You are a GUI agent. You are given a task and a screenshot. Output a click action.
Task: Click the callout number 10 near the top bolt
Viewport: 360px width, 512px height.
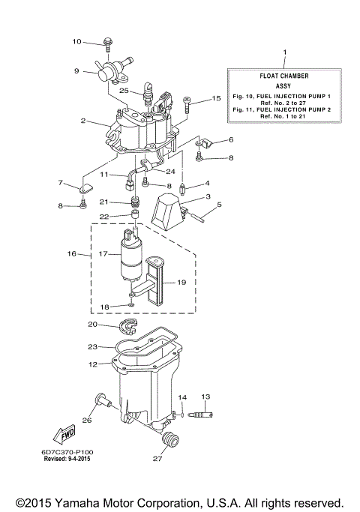point(76,41)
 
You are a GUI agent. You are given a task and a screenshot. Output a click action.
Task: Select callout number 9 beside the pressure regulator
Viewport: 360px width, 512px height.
point(76,71)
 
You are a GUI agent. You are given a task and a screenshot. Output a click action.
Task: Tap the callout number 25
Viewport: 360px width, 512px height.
point(124,91)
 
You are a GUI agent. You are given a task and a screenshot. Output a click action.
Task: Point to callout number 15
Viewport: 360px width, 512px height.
point(217,98)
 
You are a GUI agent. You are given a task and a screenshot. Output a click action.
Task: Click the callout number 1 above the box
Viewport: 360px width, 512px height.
point(284,52)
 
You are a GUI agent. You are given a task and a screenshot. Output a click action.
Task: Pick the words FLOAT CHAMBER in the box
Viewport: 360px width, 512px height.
point(284,76)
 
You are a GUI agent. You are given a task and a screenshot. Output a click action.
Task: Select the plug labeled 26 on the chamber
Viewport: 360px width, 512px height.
point(102,403)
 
